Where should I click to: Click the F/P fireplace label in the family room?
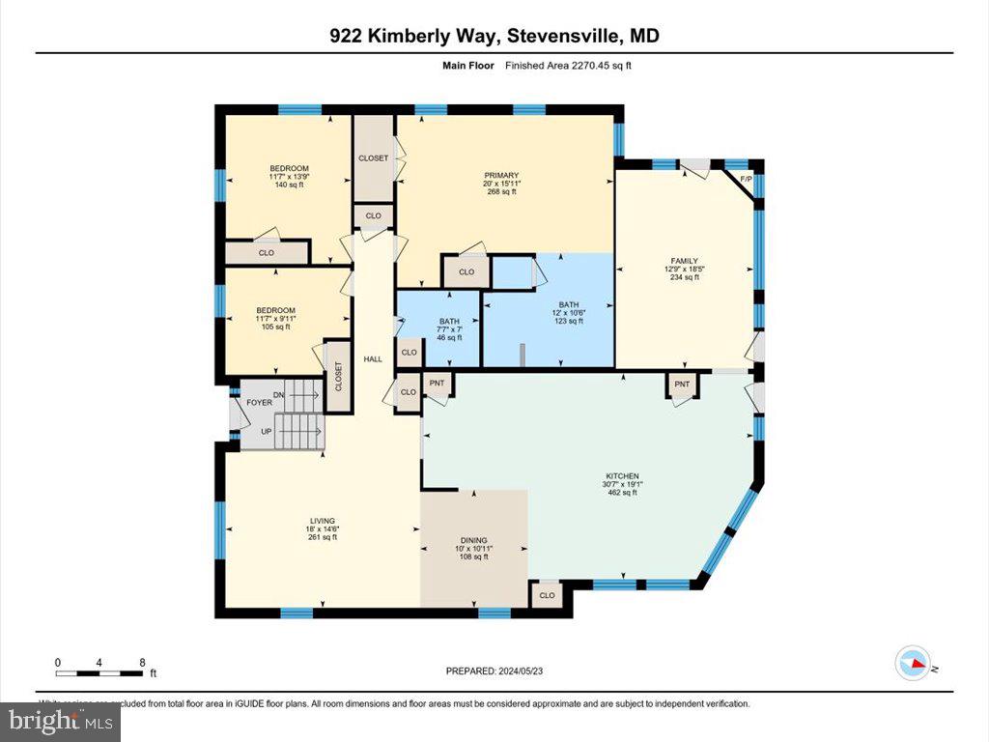point(746,179)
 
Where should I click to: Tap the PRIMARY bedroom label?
point(502,176)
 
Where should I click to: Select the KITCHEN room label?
point(622,476)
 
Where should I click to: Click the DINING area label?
point(473,540)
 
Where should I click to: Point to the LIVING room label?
point(323,522)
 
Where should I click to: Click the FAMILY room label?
point(684,261)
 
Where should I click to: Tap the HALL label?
point(373,359)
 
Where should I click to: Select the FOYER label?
point(259,402)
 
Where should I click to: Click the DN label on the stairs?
point(279,395)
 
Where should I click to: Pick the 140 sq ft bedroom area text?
point(289,185)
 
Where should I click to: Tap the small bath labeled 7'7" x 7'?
point(449,329)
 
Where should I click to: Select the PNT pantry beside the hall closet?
point(438,384)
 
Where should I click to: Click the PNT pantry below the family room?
point(682,385)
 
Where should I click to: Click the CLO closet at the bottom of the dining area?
point(548,595)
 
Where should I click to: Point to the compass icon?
point(913,665)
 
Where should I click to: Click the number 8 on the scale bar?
point(142,663)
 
